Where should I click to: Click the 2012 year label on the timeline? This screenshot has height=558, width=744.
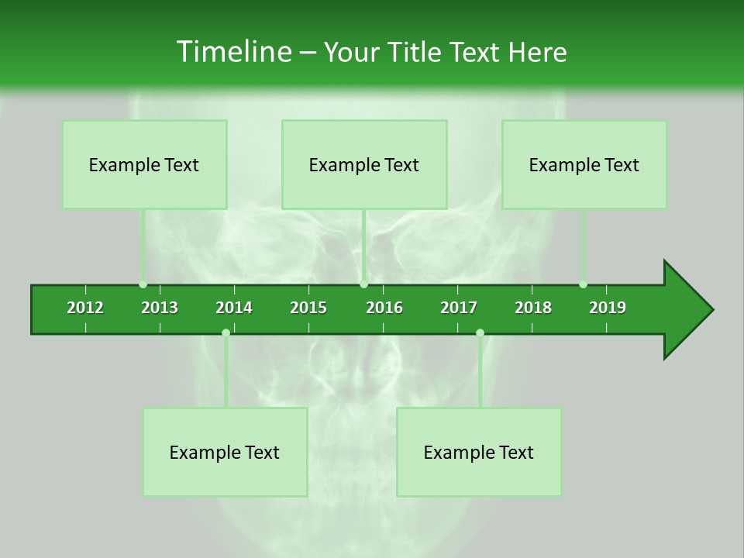[85, 308]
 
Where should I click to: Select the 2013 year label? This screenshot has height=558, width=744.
[160, 308]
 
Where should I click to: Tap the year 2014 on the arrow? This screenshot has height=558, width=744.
[234, 308]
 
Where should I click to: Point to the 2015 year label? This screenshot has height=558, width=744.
[308, 308]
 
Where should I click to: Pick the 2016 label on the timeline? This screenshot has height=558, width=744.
[384, 308]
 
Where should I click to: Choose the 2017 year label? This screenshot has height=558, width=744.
[459, 308]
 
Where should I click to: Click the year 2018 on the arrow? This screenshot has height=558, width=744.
[533, 308]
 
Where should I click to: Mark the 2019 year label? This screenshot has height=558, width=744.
[608, 308]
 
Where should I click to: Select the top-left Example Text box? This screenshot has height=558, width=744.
[144, 164]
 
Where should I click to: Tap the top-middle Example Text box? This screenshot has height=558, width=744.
[364, 164]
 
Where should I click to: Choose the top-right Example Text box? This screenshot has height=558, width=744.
[584, 164]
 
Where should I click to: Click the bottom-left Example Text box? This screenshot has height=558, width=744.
[225, 452]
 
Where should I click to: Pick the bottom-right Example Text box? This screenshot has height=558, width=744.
[479, 452]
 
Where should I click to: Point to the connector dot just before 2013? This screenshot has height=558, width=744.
[143, 284]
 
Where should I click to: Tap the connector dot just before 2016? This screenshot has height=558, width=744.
[363, 284]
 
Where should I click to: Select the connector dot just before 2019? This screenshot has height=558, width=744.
[583, 284]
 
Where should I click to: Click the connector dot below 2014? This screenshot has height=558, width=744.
[226, 332]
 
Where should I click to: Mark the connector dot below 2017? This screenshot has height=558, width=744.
[480, 332]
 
